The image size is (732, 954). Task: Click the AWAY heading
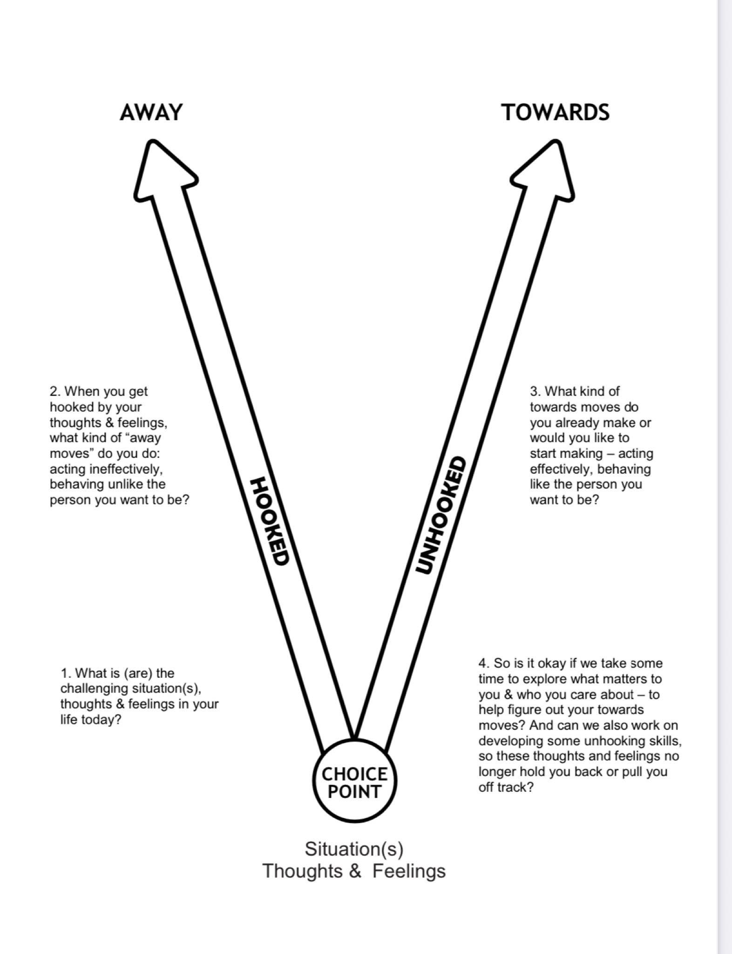(151, 113)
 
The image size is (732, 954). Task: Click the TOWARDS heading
(555, 113)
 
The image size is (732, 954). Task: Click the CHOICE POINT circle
(354, 782)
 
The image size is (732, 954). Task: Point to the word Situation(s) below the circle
(354, 849)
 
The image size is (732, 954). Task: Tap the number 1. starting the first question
(66, 673)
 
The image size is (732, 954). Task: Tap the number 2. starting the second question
(54, 391)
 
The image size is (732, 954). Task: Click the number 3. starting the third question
(535, 391)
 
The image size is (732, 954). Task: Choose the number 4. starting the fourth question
(484, 663)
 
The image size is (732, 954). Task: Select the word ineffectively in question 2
(121, 469)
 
